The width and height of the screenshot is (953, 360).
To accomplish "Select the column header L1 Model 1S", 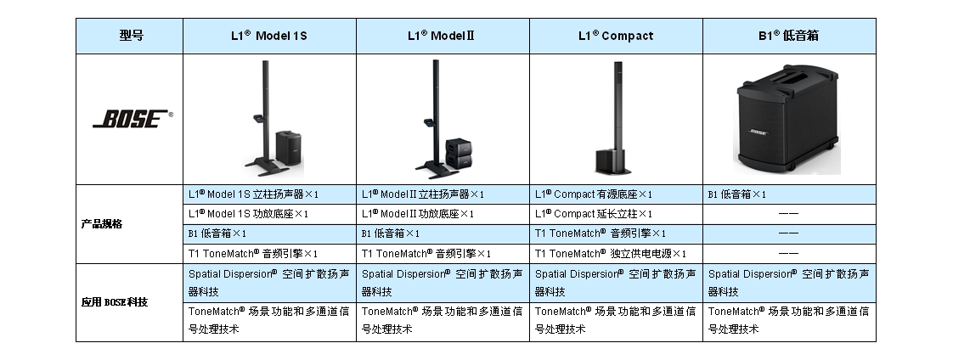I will (268, 36).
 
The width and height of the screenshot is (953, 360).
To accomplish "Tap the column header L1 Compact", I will (616, 36).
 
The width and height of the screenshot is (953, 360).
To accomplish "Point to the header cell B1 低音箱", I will (788, 36).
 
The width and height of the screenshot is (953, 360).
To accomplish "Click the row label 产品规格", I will (102, 224).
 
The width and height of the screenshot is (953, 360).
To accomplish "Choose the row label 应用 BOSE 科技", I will (115, 302).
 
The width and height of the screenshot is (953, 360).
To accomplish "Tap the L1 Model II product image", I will (443, 119).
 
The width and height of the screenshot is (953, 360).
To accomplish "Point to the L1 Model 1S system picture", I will (270, 119).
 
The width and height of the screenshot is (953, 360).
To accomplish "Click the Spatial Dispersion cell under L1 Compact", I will (616, 283).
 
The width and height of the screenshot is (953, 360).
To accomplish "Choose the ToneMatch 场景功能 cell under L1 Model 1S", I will (268, 320).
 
